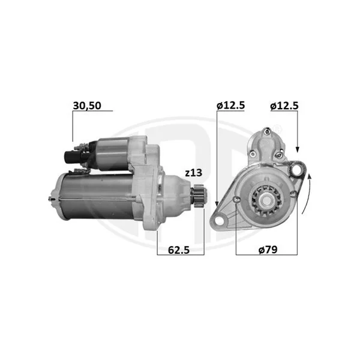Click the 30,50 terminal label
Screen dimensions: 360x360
(87, 106)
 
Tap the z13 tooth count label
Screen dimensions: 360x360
(194, 173)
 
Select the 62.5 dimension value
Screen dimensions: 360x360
(179, 250)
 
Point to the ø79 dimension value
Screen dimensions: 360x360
(268, 250)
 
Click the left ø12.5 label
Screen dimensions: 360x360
(231, 106)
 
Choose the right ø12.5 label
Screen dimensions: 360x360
(284, 106)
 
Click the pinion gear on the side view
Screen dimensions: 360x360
(199, 196)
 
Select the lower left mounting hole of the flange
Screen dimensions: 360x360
(219, 221)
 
